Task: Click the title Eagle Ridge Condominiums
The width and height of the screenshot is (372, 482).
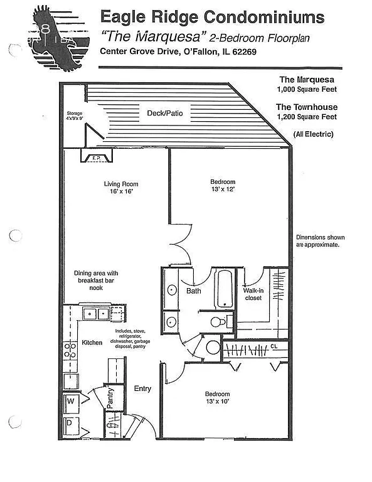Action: (213, 16)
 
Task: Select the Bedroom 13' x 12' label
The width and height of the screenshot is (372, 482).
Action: (222, 185)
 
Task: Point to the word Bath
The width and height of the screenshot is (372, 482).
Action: (193, 291)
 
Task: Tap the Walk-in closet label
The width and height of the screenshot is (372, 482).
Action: (253, 294)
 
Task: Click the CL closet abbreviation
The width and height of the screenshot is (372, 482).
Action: (274, 346)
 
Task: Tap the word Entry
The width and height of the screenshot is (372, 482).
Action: (142, 388)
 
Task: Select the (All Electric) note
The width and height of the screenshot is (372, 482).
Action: (313, 134)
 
